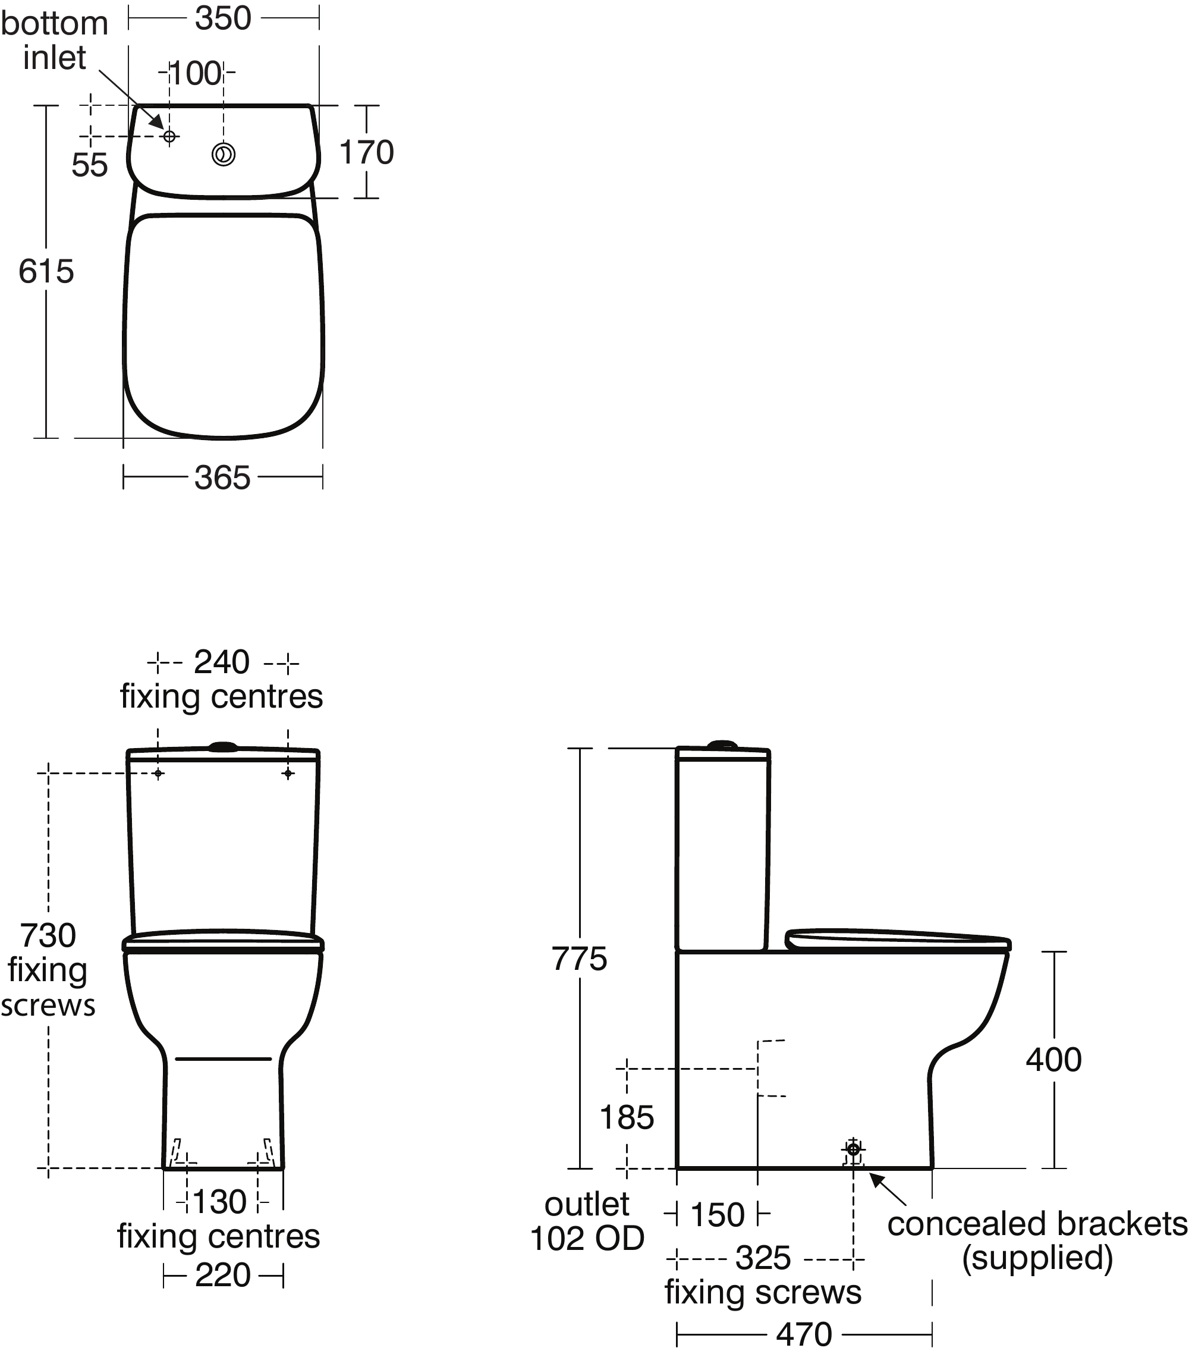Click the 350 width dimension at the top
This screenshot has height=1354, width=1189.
pos(223,18)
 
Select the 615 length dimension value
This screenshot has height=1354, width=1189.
pos(46,272)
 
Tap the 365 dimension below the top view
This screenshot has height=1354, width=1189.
pos(222,477)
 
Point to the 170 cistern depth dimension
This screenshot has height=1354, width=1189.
pos(366,152)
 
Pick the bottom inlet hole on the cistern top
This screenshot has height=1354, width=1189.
pos(169,136)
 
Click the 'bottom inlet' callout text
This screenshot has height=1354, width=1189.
pos(54,40)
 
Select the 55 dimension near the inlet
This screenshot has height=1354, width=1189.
pos(89,165)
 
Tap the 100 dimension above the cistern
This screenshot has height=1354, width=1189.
pos(196,74)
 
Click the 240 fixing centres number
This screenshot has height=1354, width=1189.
pos(221,662)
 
